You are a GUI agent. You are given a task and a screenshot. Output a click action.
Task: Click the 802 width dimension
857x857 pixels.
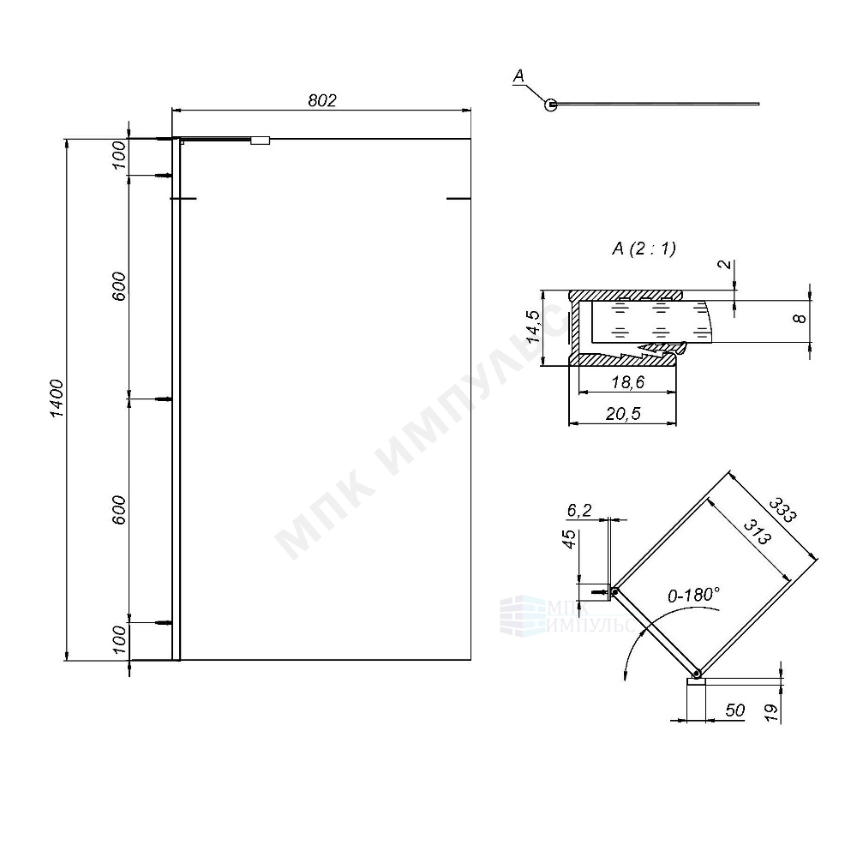(x=321, y=100)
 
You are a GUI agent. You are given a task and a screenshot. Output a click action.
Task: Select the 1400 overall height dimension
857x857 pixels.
(x=57, y=399)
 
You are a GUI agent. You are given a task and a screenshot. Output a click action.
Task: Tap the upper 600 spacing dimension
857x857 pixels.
(x=119, y=285)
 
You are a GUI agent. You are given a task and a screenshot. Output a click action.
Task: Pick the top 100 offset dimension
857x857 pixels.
(x=119, y=156)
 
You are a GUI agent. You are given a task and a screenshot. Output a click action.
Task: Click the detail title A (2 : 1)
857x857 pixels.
(x=644, y=249)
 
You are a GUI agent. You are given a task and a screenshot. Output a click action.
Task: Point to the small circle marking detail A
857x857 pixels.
(x=551, y=105)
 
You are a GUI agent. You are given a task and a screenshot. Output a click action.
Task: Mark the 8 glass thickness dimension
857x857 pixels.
(x=799, y=319)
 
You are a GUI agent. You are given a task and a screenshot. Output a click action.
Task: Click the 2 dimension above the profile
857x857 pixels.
(x=727, y=264)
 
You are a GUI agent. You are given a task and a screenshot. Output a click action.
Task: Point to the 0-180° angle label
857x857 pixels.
(x=692, y=594)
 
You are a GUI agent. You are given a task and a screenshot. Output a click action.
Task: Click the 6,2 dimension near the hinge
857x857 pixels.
(x=579, y=511)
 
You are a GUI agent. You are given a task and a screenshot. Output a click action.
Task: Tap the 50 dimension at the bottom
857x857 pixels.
(x=734, y=710)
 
